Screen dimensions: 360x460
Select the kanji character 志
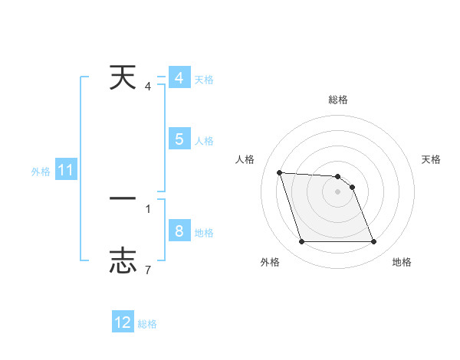coord(123,260)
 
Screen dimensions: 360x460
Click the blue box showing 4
coord(179,78)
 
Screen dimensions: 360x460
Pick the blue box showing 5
coord(179,139)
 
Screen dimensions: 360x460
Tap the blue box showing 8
coord(179,231)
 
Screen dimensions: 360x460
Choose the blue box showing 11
coord(65,171)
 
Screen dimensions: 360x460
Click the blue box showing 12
coord(123,322)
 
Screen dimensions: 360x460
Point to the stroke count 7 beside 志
coord(147,270)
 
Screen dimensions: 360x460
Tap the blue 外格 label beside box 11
coord(41,172)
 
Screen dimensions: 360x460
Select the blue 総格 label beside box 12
coord(147,324)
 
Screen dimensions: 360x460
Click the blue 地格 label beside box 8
coord(204,233)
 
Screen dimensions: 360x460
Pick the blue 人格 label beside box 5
coord(204,141)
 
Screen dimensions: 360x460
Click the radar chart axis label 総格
coord(337,100)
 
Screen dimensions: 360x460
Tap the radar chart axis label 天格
coord(432,159)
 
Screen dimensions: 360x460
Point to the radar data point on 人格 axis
coord(279,172)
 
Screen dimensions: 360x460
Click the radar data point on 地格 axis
coord(373,242)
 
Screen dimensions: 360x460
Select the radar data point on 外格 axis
coord(301,242)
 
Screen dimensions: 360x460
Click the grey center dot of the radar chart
coord(337,191)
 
